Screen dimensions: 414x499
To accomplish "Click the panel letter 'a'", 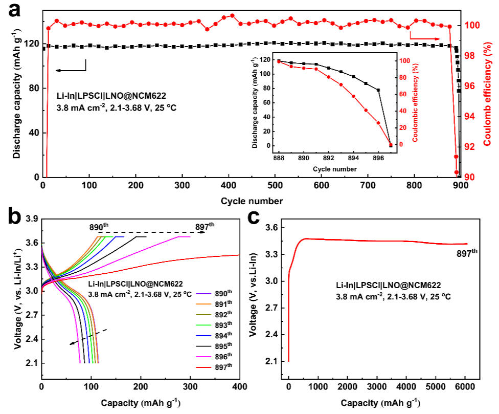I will point(14,10).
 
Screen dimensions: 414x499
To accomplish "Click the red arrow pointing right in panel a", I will point(424,38).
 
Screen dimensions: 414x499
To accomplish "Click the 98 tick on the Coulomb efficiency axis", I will point(473,56).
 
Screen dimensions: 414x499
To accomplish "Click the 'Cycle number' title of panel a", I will point(251,201).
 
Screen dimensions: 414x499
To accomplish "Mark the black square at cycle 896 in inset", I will point(378,90).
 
